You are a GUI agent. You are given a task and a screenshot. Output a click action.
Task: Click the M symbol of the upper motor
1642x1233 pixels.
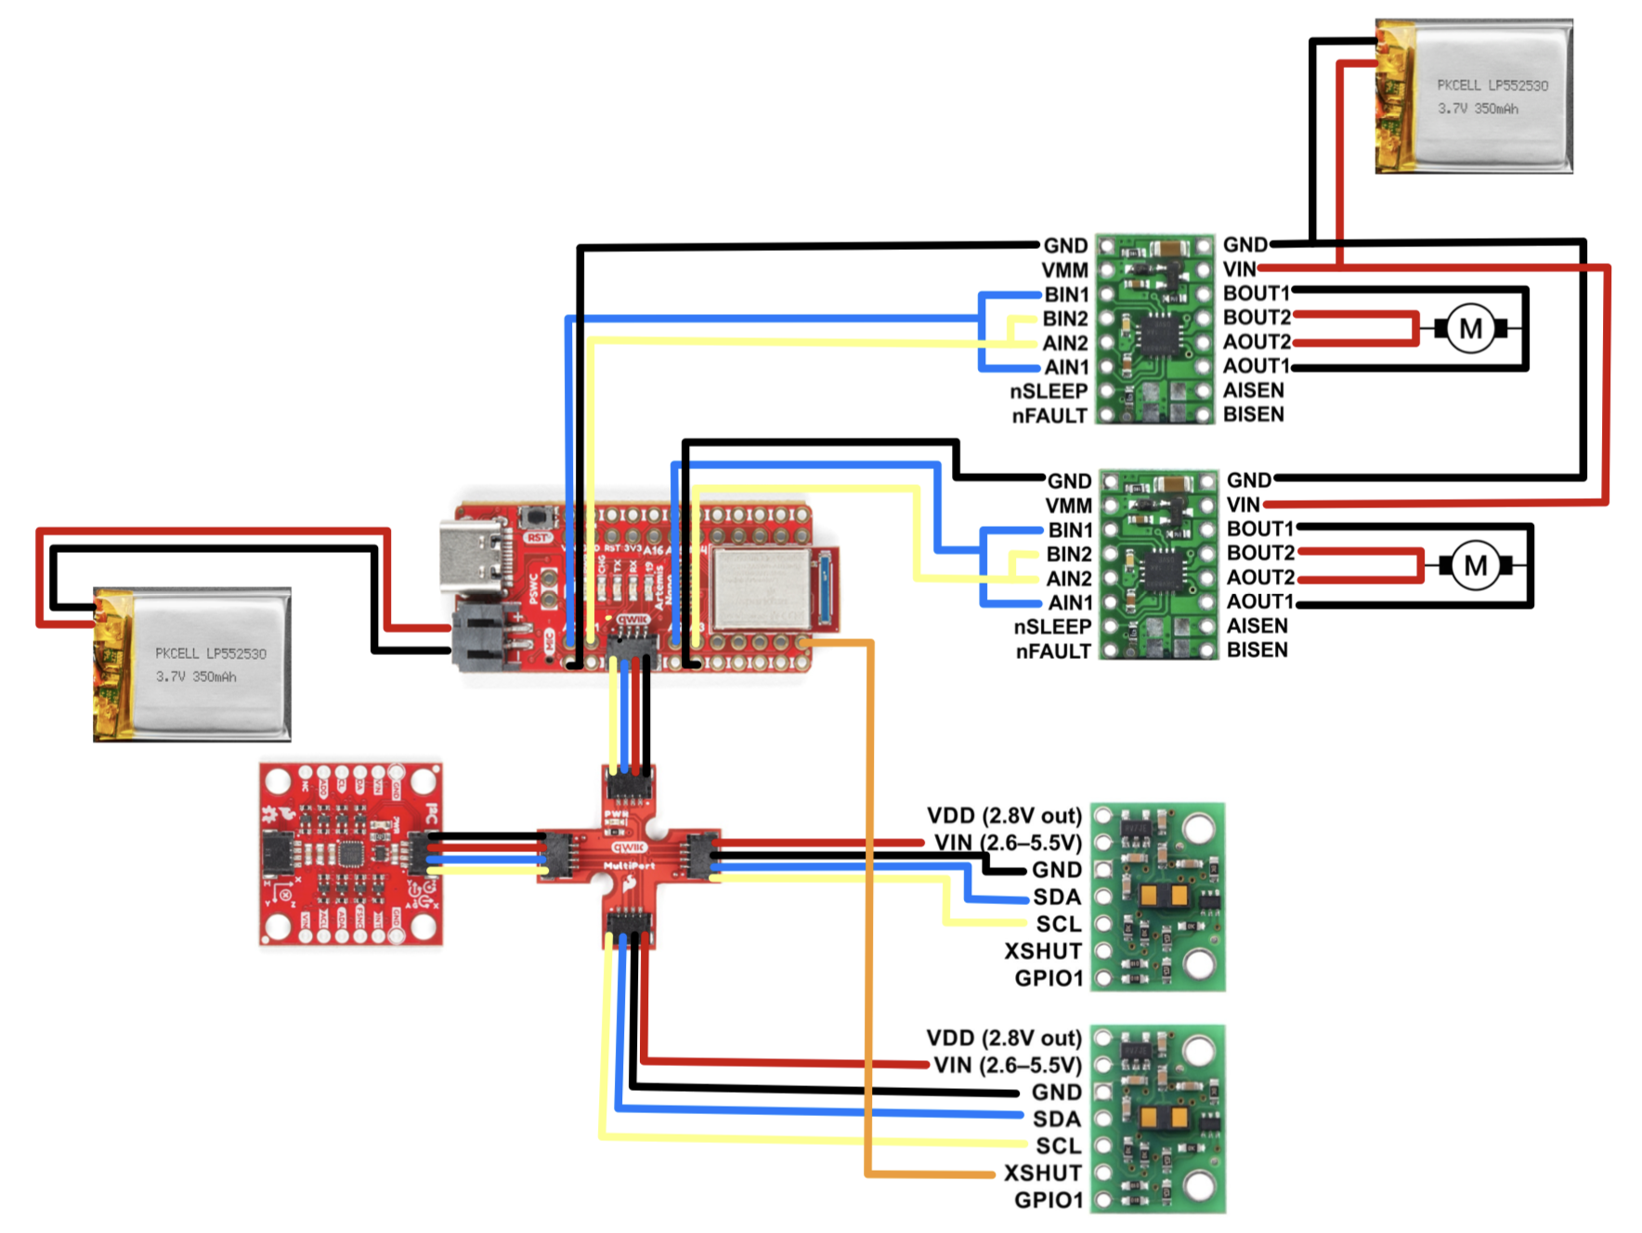(1470, 329)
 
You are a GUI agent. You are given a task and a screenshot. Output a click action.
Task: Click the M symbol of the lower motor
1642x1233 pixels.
(1475, 565)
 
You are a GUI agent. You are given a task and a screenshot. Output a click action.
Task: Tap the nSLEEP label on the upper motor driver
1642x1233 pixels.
(1049, 391)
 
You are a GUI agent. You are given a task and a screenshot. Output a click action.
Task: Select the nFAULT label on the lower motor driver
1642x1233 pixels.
(1053, 651)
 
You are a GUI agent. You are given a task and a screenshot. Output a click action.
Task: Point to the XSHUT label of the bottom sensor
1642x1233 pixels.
(1042, 1173)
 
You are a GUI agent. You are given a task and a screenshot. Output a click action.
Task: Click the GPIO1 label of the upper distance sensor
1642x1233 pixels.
(1049, 977)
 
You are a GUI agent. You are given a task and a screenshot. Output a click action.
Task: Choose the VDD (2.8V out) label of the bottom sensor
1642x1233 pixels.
(1004, 1037)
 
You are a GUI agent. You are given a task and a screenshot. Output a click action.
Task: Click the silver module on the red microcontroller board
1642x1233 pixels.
(760, 587)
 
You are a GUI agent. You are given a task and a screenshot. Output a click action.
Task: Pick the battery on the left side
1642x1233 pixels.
(193, 664)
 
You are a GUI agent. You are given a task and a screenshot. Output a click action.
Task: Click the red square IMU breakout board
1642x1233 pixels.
(350, 854)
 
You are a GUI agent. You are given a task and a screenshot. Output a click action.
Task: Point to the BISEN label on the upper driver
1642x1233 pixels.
(1253, 414)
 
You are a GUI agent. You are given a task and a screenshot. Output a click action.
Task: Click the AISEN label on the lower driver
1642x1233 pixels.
(1257, 625)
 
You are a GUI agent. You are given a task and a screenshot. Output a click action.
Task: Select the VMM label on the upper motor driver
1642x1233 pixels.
(1064, 270)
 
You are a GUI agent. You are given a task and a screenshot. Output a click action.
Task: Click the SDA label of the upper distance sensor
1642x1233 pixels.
(1057, 897)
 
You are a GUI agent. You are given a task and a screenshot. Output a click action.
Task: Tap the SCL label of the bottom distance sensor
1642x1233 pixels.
(1058, 1146)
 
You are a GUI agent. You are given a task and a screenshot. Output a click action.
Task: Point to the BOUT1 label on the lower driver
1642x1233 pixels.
(1259, 529)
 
